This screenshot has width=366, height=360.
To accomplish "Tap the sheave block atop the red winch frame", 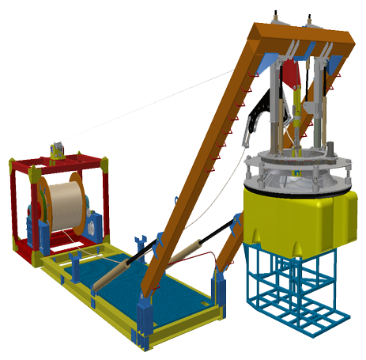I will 57,149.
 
